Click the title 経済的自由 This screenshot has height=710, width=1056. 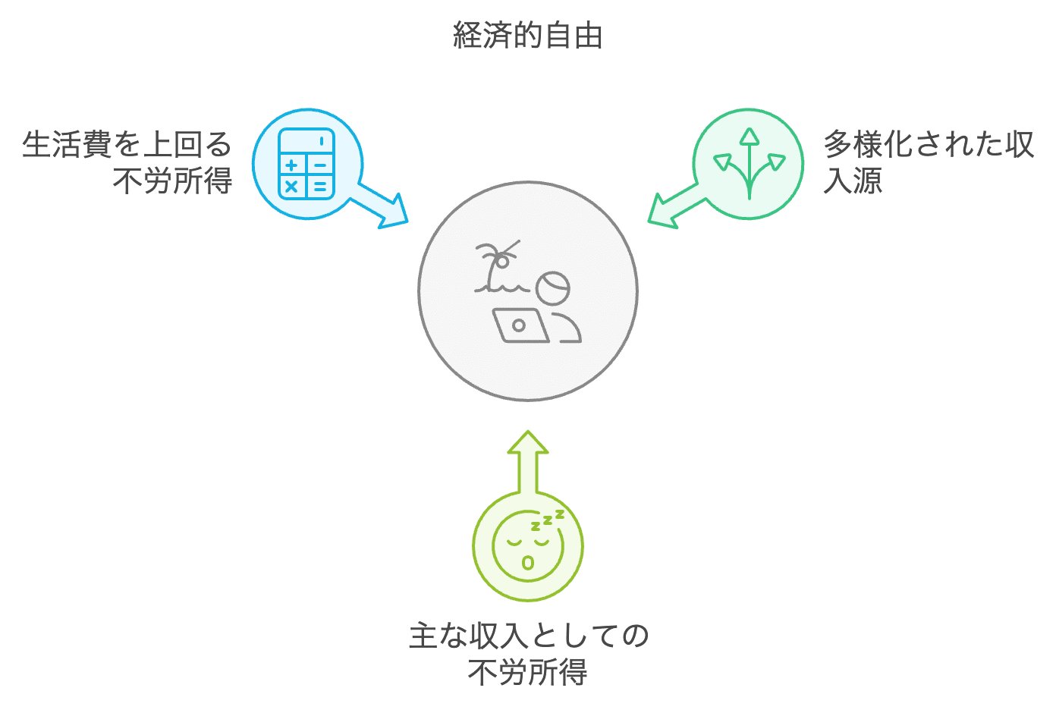point(527,36)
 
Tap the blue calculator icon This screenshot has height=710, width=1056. point(306,164)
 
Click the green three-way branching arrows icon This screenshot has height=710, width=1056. point(749,164)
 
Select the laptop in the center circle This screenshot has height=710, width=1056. point(520,325)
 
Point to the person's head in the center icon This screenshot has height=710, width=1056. point(552,288)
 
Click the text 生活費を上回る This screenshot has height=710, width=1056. point(127,144)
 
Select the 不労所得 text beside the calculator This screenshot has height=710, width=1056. point(172,181)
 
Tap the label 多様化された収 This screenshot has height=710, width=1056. point(929,144)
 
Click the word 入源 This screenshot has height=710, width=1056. point(853,181)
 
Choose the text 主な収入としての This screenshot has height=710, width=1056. point(528,636)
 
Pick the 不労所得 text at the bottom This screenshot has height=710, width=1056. point(527,672)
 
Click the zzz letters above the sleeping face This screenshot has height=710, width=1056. point(548,520)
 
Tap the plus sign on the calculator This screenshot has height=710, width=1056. point(291,165)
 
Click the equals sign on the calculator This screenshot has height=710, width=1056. point(320,186)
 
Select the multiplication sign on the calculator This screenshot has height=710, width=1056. point(291,186)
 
